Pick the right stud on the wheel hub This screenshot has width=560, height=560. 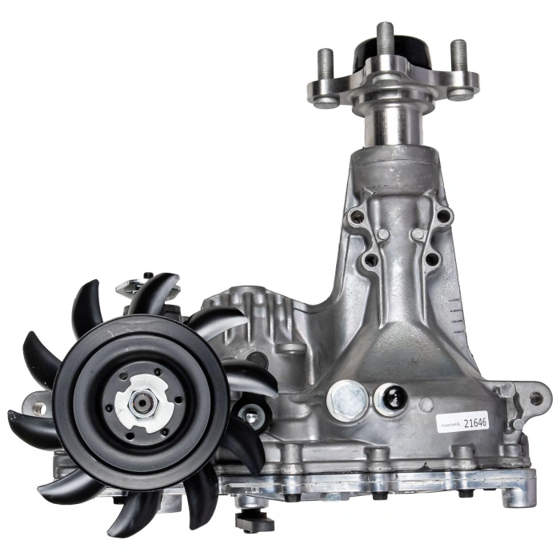point(458,58)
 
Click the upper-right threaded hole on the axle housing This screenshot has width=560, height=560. point(443,215)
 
